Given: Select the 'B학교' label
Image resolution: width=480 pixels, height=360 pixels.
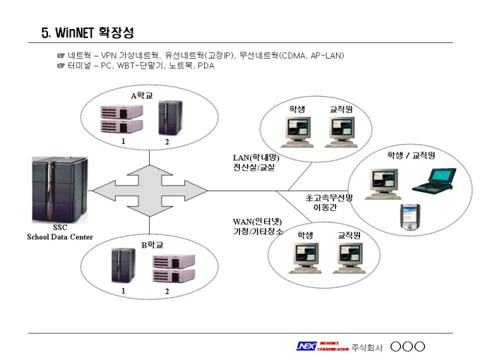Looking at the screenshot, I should click(x=152, y=245).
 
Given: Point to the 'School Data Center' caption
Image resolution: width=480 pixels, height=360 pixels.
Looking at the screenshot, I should click(x=59, y=236).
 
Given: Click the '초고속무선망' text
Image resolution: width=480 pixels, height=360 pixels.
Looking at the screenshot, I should click(x=329, y=198).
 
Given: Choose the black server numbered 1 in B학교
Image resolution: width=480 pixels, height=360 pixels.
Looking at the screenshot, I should click(x=123, y=266).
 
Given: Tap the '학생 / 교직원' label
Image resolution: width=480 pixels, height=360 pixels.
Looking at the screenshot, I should click(x=410, y=155).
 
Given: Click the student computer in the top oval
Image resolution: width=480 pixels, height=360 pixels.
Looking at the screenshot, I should click(x=296, y=130).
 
